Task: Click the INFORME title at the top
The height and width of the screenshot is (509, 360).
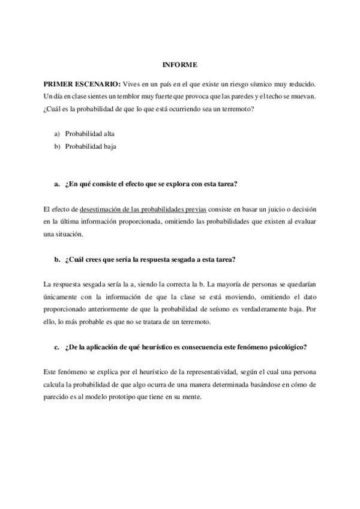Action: tap(179, 64)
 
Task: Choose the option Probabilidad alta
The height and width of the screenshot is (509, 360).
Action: tap(90, 133)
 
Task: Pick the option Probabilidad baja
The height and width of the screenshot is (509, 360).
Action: tap(90, 146)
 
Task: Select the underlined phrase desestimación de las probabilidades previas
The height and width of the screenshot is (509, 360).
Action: tap(143, 209)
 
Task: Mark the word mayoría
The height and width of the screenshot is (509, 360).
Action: tap(239, 284)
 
